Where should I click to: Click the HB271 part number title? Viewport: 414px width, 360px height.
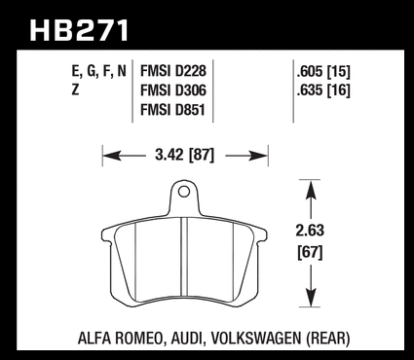tap(79, 30)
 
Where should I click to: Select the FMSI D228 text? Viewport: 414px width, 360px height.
tap(173, 71)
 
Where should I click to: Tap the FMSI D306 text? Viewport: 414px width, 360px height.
tap(173, 90)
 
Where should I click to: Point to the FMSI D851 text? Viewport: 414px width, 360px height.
tap(172, 110)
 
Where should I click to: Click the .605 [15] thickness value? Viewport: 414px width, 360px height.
tap(323, 72)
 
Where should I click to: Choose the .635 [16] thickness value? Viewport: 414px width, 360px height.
tap(323, 90)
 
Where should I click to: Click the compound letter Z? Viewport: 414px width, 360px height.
tap(75, 90)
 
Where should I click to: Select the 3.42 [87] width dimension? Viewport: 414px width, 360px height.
tap(185, 156)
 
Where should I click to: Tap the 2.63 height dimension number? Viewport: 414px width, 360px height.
tap(310, 231)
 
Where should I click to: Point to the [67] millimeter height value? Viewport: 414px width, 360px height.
tap(311, 252)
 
